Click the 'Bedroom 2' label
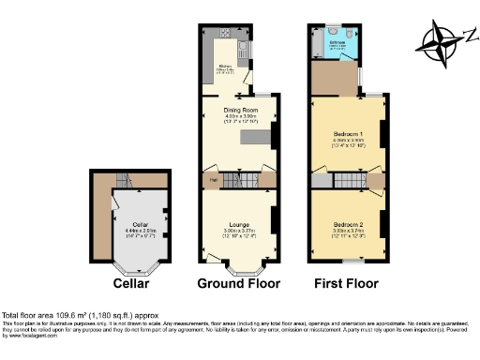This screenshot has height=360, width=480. point(346,225)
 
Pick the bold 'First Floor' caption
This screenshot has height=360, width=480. point(347,282)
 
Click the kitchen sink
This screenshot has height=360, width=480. point(245,48)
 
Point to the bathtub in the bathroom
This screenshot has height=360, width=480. point(319,47)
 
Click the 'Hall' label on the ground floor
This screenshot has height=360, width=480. point(213,179)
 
